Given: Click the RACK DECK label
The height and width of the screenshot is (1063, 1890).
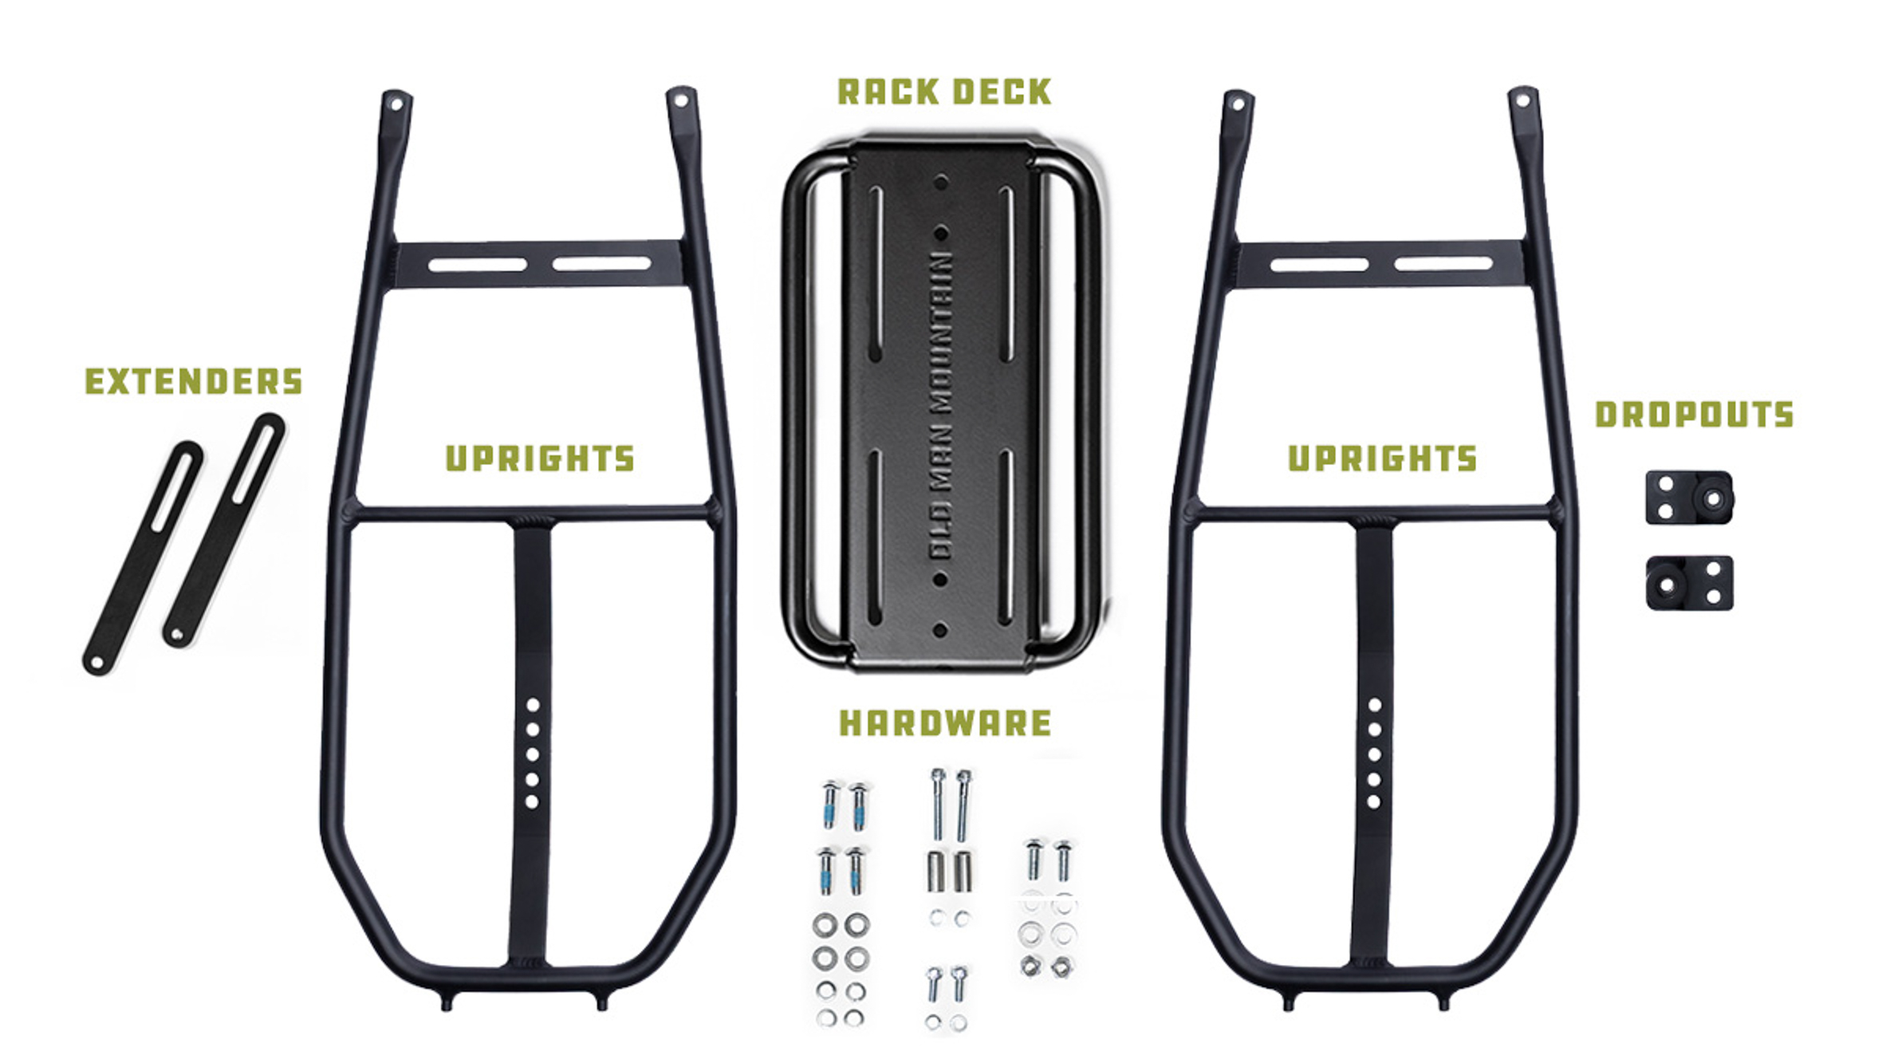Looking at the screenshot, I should pos(944,92).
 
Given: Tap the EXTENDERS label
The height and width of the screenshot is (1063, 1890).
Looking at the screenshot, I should pos(194,381).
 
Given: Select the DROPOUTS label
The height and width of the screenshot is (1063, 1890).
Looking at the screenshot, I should pos(1694,415).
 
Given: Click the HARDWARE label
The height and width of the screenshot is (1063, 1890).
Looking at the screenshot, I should pos(945,723).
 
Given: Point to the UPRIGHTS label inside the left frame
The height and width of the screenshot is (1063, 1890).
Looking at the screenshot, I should pos(540,459).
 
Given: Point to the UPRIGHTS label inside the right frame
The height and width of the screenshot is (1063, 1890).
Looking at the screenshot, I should pos(1383,459).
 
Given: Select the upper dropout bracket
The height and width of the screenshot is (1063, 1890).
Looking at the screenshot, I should pos(1689,498).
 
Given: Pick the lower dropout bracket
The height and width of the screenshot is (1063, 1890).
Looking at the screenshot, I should pos(1689,583).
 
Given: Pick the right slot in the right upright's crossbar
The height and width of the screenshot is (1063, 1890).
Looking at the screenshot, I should pos(1443,263).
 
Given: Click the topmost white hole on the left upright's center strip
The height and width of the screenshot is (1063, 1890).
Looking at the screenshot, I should pos(533,705).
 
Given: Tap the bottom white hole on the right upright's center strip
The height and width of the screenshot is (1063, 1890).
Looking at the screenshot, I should pos(1373,802).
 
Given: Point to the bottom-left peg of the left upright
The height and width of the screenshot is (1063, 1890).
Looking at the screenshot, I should pos(446,1002).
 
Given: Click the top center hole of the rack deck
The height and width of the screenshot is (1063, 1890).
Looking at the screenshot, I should pos(941,183).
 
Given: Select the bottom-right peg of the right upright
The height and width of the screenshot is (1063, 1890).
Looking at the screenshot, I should pos(1443,1002).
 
